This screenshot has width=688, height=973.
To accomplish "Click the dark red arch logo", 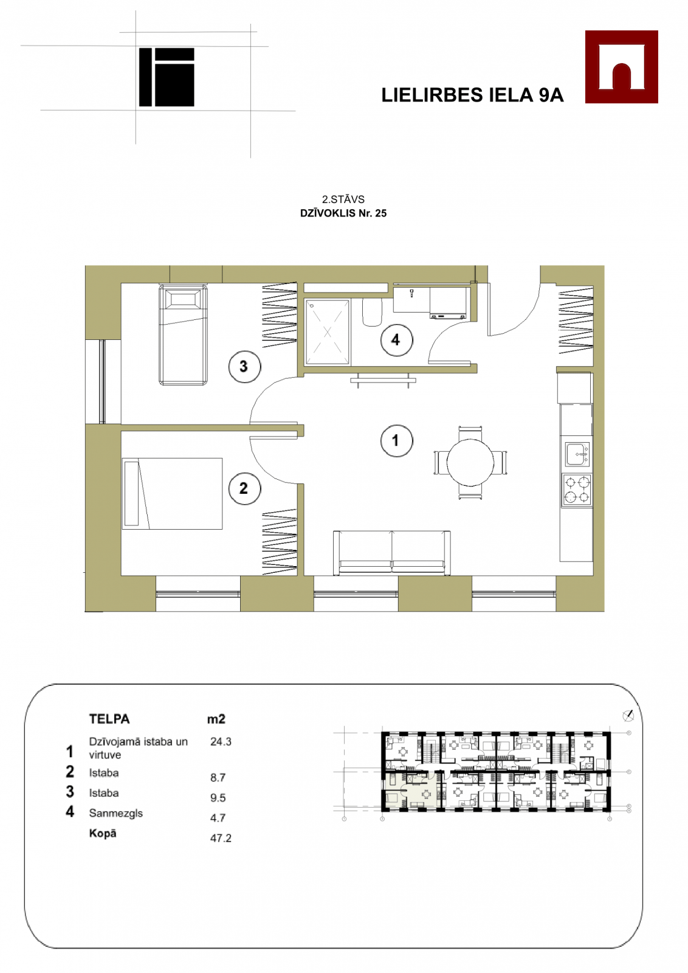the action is (621, 66).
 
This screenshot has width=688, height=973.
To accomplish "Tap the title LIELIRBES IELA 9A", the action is (472, 95).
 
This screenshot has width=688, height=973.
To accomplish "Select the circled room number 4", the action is (396, 340).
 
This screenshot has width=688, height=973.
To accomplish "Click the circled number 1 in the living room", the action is (396, 441).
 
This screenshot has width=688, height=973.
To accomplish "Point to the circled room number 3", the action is (245, 367).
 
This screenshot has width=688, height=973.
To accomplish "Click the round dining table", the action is (470, 462).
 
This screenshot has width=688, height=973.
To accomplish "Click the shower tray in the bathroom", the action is (328, 332).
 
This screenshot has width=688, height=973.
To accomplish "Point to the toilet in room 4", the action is (373, 313).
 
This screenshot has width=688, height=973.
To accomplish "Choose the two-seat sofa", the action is (391, 553).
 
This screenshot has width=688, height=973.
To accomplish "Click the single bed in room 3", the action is (183, 335).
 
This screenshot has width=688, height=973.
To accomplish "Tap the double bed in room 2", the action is (173, 493).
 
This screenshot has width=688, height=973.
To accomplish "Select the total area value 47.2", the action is (221, 838).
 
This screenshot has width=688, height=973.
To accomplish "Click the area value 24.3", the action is (221, 741).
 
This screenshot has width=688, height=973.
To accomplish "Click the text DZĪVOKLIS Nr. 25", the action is (343, 213).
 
